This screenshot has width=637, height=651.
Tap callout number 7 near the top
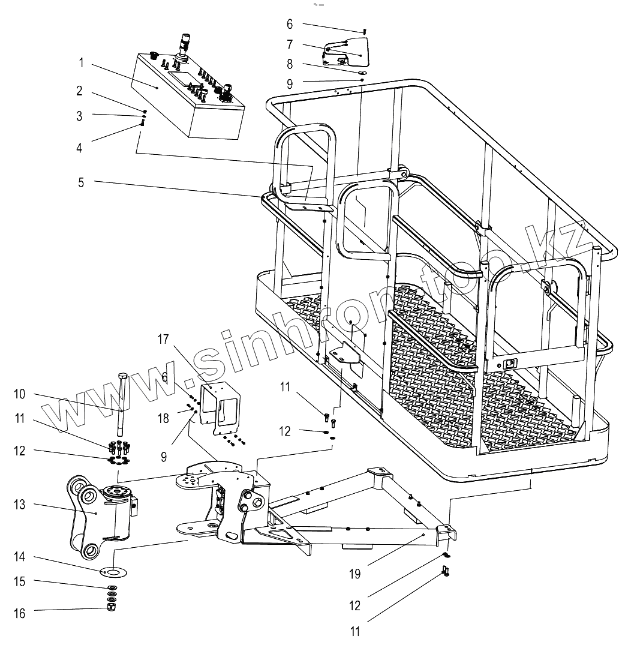(x=290, y=44)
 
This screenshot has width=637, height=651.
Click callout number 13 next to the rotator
(x=20, y=505)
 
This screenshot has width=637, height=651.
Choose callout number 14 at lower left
(x=20, y=557)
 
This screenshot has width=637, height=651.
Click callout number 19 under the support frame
(x=355, y=574)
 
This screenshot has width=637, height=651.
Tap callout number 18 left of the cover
(x=164, y=418)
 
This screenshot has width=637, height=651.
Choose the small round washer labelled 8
(x=362, y=73)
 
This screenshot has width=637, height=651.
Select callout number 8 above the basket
(x=290, y=64)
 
